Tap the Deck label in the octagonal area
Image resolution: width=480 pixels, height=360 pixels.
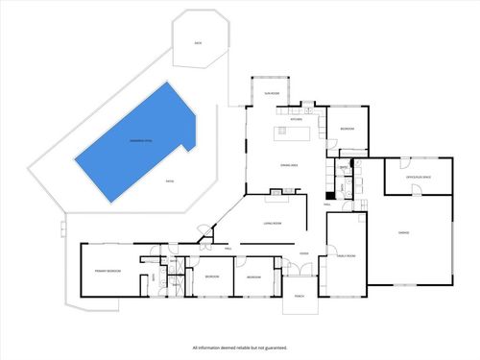click(x=197, y=43)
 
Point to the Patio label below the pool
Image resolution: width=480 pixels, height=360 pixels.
click(x=170, y=180)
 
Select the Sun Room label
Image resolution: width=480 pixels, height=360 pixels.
click(x=272, y=94)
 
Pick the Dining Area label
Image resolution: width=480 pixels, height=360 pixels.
click(x=287, y=166)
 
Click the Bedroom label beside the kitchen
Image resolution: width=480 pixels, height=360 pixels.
click(x=347, y=130)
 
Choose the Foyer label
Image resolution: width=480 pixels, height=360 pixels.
click(x=302, y=253)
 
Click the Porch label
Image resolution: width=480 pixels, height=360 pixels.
click(x=300, y=295)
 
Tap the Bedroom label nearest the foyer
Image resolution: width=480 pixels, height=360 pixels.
click(x=253, y=276)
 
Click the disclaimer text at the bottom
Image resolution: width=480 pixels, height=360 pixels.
click(x=239, y=348)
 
